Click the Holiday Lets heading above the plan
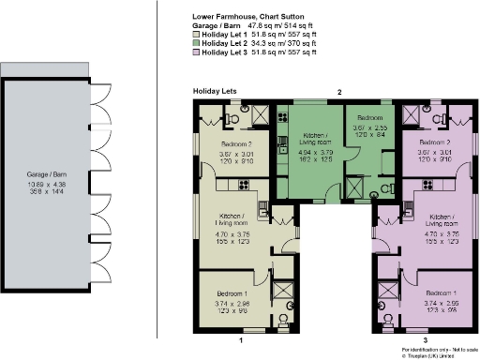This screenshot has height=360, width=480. click(x=213, y=91)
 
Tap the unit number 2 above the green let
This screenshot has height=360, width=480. click(x=339, y=92)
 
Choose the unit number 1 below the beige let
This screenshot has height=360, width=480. click(x=241, y=340)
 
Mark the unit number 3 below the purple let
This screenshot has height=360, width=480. click(x=425, y=340)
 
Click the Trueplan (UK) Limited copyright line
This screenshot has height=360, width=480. click(x=434, y=356)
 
